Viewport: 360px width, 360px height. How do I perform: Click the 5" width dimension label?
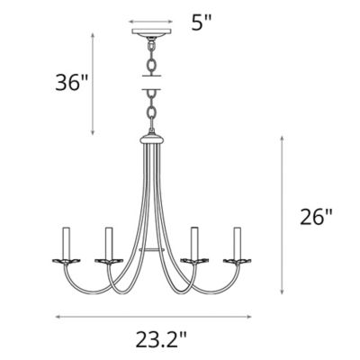202,22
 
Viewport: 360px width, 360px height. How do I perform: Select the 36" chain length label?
69,84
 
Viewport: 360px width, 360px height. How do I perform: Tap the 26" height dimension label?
316,216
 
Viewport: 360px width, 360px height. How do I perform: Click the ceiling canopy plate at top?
151,36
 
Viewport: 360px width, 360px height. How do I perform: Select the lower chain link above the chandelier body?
151,112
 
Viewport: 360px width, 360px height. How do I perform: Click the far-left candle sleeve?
65,240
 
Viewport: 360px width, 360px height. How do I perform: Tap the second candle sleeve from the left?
108,242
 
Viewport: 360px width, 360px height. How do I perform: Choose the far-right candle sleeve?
238,240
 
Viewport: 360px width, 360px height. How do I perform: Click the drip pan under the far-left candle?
65,260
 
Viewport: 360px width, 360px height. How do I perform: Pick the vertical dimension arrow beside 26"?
283,216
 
